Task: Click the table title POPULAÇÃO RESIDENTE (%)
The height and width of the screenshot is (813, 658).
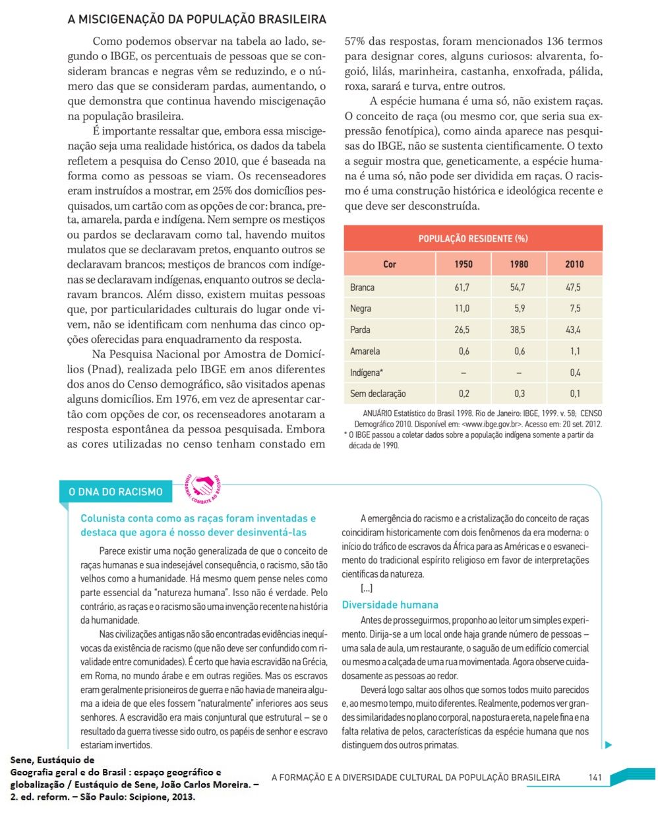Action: click(473, 239)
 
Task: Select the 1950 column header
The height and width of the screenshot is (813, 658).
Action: click(464, 264)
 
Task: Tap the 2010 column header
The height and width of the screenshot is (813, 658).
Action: click(574, 264)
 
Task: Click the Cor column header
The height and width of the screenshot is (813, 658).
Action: click(390, 264)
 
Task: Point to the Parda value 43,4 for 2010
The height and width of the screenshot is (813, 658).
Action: click(574, 330)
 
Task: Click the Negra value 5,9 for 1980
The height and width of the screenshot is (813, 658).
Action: click(519, 309)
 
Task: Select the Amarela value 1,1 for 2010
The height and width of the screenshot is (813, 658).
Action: click(575, 351)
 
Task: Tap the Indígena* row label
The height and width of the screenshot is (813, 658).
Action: click(367, 373)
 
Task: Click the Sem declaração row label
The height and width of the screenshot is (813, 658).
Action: click(378, 394)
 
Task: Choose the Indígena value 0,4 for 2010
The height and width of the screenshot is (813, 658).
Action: click(575, 373)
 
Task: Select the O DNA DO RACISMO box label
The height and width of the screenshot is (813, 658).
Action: click(115, 492)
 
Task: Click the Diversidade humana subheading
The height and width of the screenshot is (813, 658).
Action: click(390, 605)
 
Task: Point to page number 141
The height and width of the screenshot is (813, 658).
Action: click(595, 777)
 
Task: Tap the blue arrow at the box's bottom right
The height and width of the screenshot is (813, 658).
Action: click(609, 745)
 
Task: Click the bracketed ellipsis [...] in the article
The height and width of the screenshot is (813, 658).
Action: click(367, 588)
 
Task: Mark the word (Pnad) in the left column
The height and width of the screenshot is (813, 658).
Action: click(87, 369)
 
